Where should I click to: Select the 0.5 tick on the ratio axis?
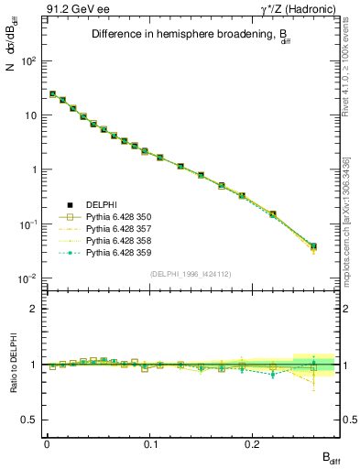(x=33, y=420)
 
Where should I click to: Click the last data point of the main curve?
(x=313, y=246)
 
